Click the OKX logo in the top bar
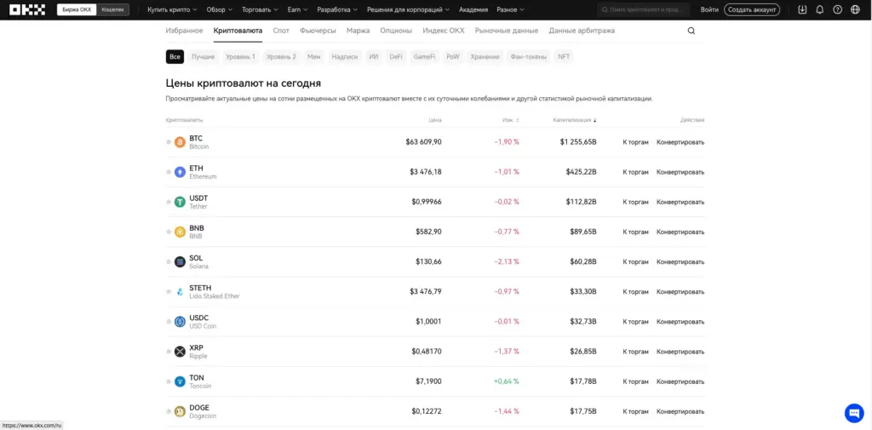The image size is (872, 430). pos(29,9)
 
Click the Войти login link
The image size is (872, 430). pos(709,9)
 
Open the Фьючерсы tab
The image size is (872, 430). pos(318,31)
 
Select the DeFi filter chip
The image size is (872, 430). pos(396,57)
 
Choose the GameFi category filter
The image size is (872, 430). pos(424,57)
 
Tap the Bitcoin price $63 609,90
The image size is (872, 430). pos(423,142)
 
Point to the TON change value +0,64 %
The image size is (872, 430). pos(506,381)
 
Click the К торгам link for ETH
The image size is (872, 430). pos(635,172)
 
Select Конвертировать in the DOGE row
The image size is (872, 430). pos(680,411)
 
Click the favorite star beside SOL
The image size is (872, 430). pos(169,262)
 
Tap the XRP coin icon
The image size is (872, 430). pos(180,352)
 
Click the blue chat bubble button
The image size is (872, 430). pos(853,413)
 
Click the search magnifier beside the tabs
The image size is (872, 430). pos(691,31)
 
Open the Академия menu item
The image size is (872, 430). pos(473,9)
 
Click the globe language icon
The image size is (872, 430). pos(855,9)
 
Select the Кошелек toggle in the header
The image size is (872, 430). pos(112,9)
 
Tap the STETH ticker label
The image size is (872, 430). pos(200,288)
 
